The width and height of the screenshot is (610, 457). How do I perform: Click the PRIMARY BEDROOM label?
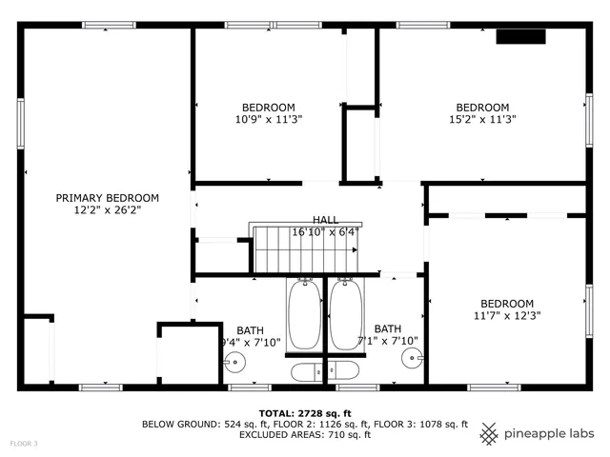(107, 198)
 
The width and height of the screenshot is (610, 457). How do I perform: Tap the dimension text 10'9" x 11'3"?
(268, 120)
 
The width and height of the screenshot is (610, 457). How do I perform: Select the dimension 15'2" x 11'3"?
(481, 120)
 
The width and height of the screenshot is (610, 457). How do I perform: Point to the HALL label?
(324, 219)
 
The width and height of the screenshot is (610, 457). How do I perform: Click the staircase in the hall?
(306, 249)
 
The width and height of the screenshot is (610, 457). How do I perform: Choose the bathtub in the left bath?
(305, 315)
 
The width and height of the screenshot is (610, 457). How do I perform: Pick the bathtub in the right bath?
(346, 315)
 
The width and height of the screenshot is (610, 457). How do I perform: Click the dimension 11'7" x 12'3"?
(506, 316)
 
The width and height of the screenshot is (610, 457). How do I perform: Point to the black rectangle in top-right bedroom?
(519, 37)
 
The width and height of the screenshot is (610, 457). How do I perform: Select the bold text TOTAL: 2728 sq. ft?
(304, 411)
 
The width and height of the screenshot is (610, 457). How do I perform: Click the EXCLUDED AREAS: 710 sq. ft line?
(304, 435)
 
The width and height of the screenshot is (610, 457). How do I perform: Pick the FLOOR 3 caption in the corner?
(24, 444)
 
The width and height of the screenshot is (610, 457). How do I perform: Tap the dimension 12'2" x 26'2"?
(107, 210)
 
